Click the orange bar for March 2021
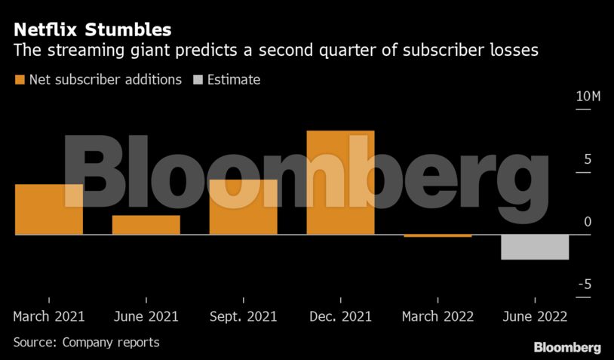49,209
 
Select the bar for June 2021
146,225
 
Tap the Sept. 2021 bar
243,207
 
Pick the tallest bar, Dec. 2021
340,183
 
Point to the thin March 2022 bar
437,236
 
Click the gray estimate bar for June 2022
535,248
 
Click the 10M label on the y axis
588,97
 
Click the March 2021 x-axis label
49,316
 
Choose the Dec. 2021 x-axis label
340,316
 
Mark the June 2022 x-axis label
535,316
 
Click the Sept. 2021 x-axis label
243,316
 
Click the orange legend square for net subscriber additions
19,79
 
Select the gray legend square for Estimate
198,79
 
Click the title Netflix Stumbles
92,30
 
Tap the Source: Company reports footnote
86,342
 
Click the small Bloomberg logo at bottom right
567,347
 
